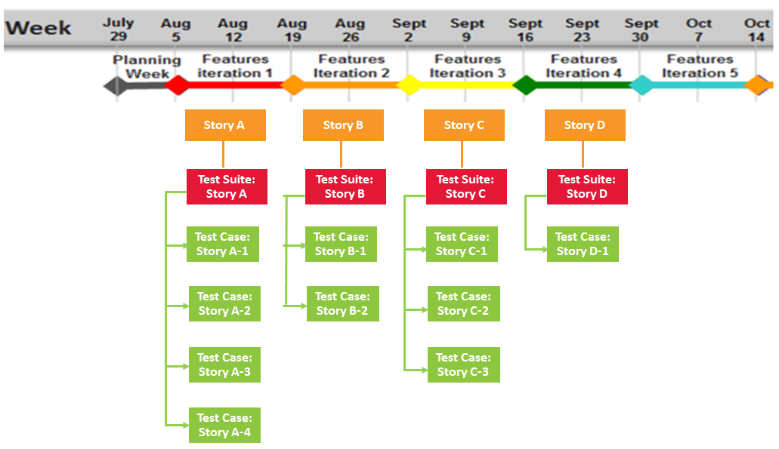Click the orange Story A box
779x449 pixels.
pos(225,125)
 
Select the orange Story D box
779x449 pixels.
pos(585,125)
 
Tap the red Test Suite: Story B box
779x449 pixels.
pos(345,186)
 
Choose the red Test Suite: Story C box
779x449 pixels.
pos(466,186)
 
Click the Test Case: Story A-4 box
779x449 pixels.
pos(224,425)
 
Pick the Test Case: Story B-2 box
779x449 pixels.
pos(343,303)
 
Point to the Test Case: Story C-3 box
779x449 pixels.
pos(463,364)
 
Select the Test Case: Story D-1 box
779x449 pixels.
pos(583,244)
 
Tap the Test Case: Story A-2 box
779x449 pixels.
pos(224,303)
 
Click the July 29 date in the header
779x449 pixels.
pos(118,29)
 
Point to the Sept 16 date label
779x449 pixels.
pos(525,29)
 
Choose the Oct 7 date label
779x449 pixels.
pos(698,29)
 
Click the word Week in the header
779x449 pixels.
pos(39,28)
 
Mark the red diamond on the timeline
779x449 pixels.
pos(177,85)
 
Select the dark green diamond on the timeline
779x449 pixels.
pos(525,85)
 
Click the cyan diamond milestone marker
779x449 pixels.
pos(641,85)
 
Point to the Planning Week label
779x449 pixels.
pos(147,67)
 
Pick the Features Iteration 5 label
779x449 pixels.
pos(700,66)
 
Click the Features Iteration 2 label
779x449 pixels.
pos(351,66)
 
